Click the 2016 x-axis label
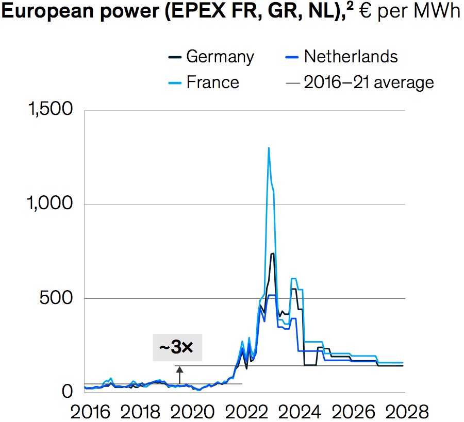click(x=91, y=412)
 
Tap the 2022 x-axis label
click(x=245, y=412)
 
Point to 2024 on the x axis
click(x=299, y=412)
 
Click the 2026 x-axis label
click(x=352, y=412)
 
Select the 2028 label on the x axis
click(x=406, y=412)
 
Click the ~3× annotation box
click(x=177, y=348)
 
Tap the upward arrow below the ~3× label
click(x=180, y=374)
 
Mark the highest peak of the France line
click(x=269, y=148)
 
